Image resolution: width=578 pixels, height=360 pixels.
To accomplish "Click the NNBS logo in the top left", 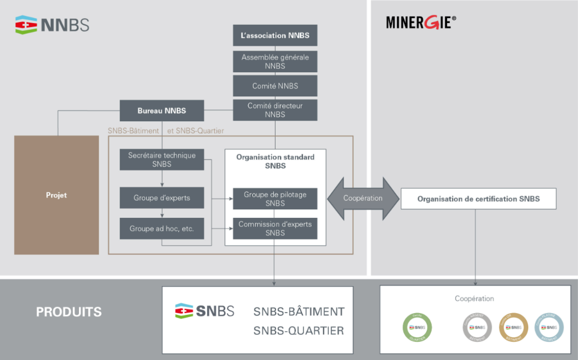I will coord(52,25).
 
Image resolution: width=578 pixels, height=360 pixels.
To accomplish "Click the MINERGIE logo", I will coord(421,22).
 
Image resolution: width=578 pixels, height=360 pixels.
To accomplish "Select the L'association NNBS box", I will coord(275,35).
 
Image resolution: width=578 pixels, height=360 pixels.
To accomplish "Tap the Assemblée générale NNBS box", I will coord(275,62).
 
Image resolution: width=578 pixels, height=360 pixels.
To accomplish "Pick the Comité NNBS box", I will coord(275,86).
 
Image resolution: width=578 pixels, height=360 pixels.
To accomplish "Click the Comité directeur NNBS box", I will coord(275,110).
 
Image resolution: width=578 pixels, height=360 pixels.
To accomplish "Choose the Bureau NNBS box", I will coord(161,110).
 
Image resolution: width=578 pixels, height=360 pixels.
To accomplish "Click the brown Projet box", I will coord(56,195).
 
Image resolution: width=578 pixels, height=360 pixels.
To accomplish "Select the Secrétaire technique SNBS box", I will coord(161,160).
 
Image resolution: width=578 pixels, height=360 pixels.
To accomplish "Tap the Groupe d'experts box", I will coord(161,198).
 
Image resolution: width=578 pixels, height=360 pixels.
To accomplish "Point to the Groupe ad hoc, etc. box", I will coord(161,229).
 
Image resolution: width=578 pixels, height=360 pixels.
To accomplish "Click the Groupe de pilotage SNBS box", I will coord(275,199).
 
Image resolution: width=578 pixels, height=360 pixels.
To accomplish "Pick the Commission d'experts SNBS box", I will coord(275,228).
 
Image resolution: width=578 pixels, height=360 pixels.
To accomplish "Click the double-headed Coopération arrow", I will coord(363,198).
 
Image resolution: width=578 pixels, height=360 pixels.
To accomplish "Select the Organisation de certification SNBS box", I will coord(478,199).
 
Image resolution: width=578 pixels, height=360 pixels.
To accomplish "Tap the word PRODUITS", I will coord(69,312).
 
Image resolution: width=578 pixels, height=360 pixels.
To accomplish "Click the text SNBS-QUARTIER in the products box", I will coord(299,331).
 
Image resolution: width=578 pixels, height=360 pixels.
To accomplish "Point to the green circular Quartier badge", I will coord(417,327).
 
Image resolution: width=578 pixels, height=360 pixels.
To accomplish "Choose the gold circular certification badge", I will coord(513,327).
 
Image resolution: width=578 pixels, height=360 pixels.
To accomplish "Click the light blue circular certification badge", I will coord(549,327).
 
